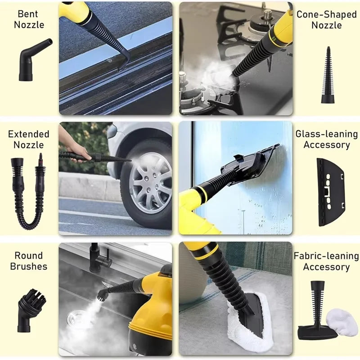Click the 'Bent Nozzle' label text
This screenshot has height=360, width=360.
point(29,19)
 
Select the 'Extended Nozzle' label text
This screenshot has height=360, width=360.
point(29,139)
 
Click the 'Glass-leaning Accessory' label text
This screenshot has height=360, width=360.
point(326,139)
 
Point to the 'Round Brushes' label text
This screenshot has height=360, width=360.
point(29,261)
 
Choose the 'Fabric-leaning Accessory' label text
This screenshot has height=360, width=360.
point(326,261)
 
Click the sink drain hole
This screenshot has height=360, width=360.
point(74,320)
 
